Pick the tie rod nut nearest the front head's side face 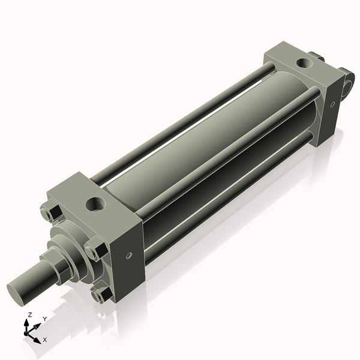tap(95, 248)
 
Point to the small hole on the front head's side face tap(128, 255)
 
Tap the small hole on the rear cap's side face tap(332, 104)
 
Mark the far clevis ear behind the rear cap tap(318, 58)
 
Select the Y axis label tap(44, 320)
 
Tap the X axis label tap(44, 340)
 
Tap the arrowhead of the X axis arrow tap(37, 337)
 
